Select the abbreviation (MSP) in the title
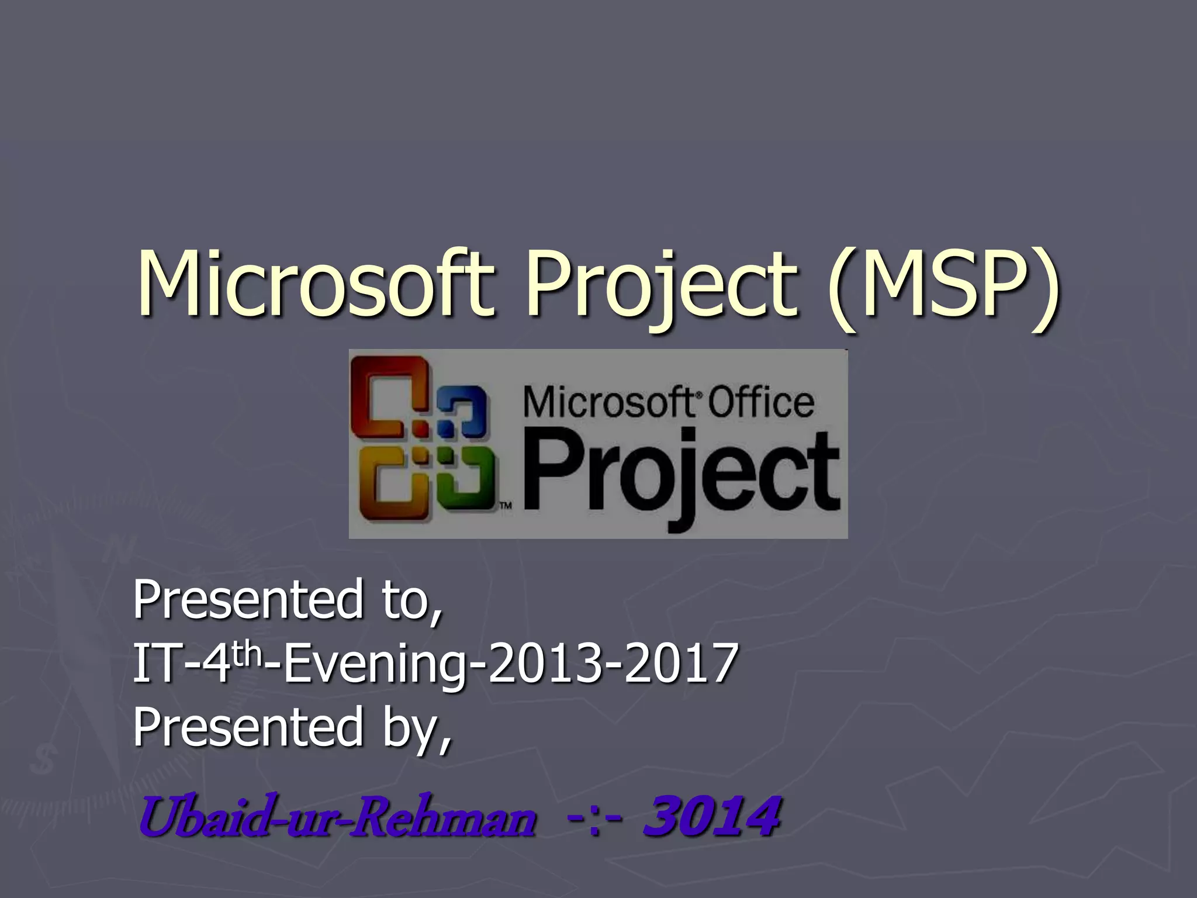click(942, 286)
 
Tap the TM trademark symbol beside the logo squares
click(506, 506)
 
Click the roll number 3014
click(712, 816)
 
